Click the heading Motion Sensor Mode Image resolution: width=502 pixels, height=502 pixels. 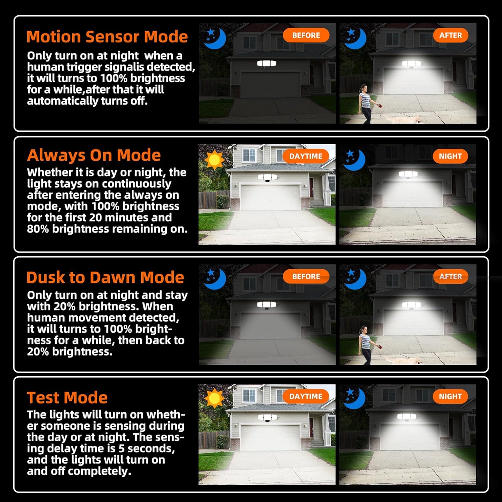coord(107,37)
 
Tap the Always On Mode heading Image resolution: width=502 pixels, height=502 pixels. coord(94,156)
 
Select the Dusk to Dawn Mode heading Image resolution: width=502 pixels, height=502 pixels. coord(105,277)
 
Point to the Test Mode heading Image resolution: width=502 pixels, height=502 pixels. coord(67,397)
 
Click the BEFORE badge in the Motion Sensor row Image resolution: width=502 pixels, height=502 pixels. coord(306,35)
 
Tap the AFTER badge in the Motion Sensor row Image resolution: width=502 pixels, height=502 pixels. coord(451,35)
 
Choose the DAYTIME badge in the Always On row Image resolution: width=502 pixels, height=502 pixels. coord(306,156)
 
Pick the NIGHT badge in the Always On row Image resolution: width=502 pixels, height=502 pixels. coord(450,156)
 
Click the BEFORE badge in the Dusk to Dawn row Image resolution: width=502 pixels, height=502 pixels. coord(306,277)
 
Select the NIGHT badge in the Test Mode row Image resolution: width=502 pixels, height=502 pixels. coord(450,396)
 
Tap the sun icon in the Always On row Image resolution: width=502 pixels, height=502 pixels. coord(214,160)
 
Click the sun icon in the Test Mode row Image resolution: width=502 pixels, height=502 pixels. coord(214,398)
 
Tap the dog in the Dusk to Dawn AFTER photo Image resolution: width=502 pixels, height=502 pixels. coord(403,361)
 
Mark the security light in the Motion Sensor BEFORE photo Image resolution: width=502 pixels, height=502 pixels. coord(266,63)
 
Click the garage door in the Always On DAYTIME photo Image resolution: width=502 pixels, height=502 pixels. coord(270,197)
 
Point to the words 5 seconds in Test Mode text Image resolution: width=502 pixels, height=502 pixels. coord(147,448)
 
